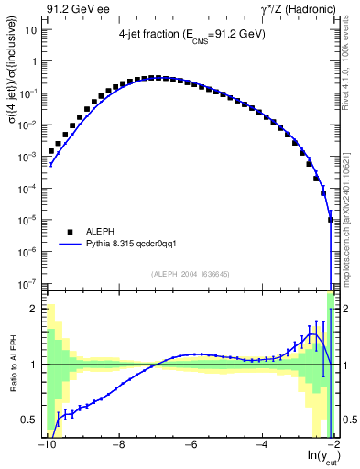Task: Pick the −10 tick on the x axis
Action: pyautogui.click(x=46, y=447)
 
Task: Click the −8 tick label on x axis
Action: pyautogui.click(x=117, y=447)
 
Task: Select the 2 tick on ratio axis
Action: pyautogui.click(x=34, y=308)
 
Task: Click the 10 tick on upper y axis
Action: pyautogui.click(x=30, y=29)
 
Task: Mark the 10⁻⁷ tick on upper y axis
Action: pyautogui.click(x=27, y=283)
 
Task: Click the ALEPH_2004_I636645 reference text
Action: pyautogui.click(x=190, y=274)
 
